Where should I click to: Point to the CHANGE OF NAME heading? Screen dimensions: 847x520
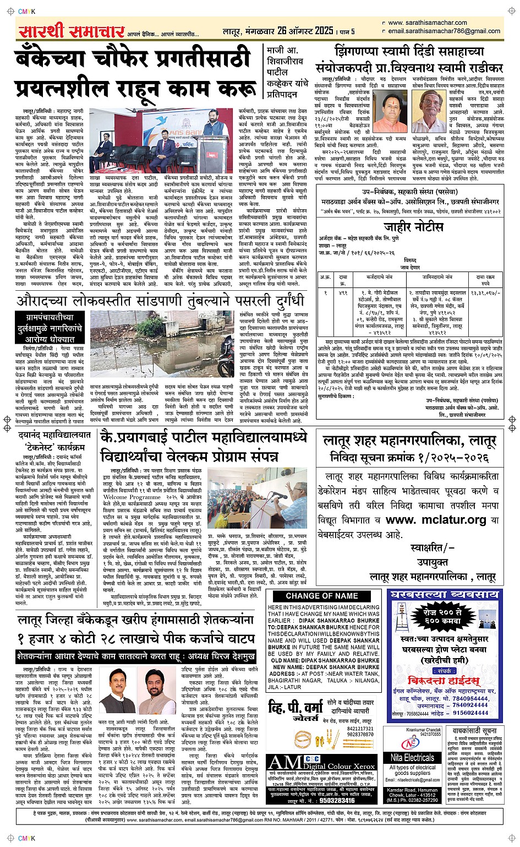click(x=322, y=596)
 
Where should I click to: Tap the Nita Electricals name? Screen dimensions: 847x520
click(x=412, y=758)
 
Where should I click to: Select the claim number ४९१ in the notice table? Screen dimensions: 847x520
click(x=343, y=294)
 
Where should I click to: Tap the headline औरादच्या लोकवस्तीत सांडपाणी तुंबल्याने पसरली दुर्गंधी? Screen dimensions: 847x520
click(x=160, y=301)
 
